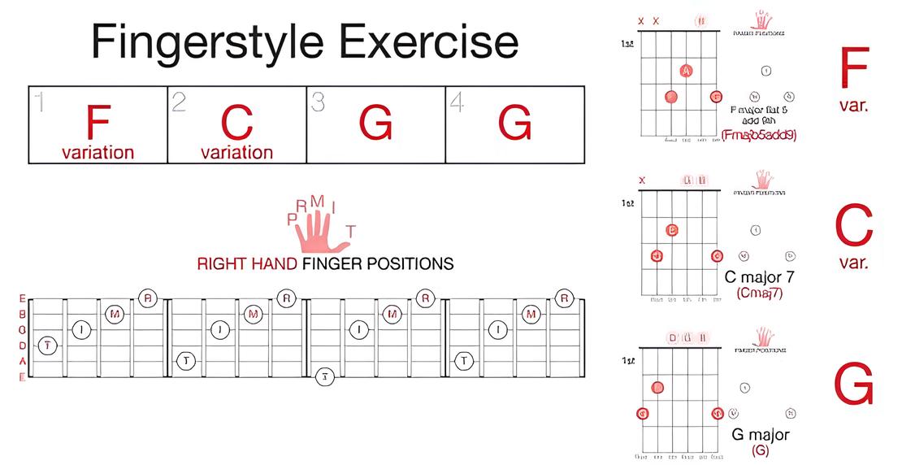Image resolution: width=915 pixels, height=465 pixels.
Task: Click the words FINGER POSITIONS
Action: tap(377, 264)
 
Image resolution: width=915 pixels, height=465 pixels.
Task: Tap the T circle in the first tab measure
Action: tap(48, 345)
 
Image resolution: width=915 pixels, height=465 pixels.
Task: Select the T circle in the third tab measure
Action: tap(325, 376)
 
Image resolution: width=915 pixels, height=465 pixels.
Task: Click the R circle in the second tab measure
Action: tap(286, 298)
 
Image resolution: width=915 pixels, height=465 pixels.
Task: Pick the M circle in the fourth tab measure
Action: tap(531, 314)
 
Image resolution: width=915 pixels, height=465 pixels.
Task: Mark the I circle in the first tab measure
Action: tap(81, 329)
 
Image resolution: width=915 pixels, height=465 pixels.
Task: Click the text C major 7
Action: tap(759, 277)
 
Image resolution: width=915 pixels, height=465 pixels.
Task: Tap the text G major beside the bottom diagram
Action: tap(761, 434)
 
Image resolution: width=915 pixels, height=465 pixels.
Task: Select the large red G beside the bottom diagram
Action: tap(854, 384)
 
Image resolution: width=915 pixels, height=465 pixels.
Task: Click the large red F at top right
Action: tap(854, 68)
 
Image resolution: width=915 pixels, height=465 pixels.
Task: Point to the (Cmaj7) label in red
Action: tap(759, 293)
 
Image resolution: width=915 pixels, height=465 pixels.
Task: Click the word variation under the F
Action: tap(98, 152)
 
